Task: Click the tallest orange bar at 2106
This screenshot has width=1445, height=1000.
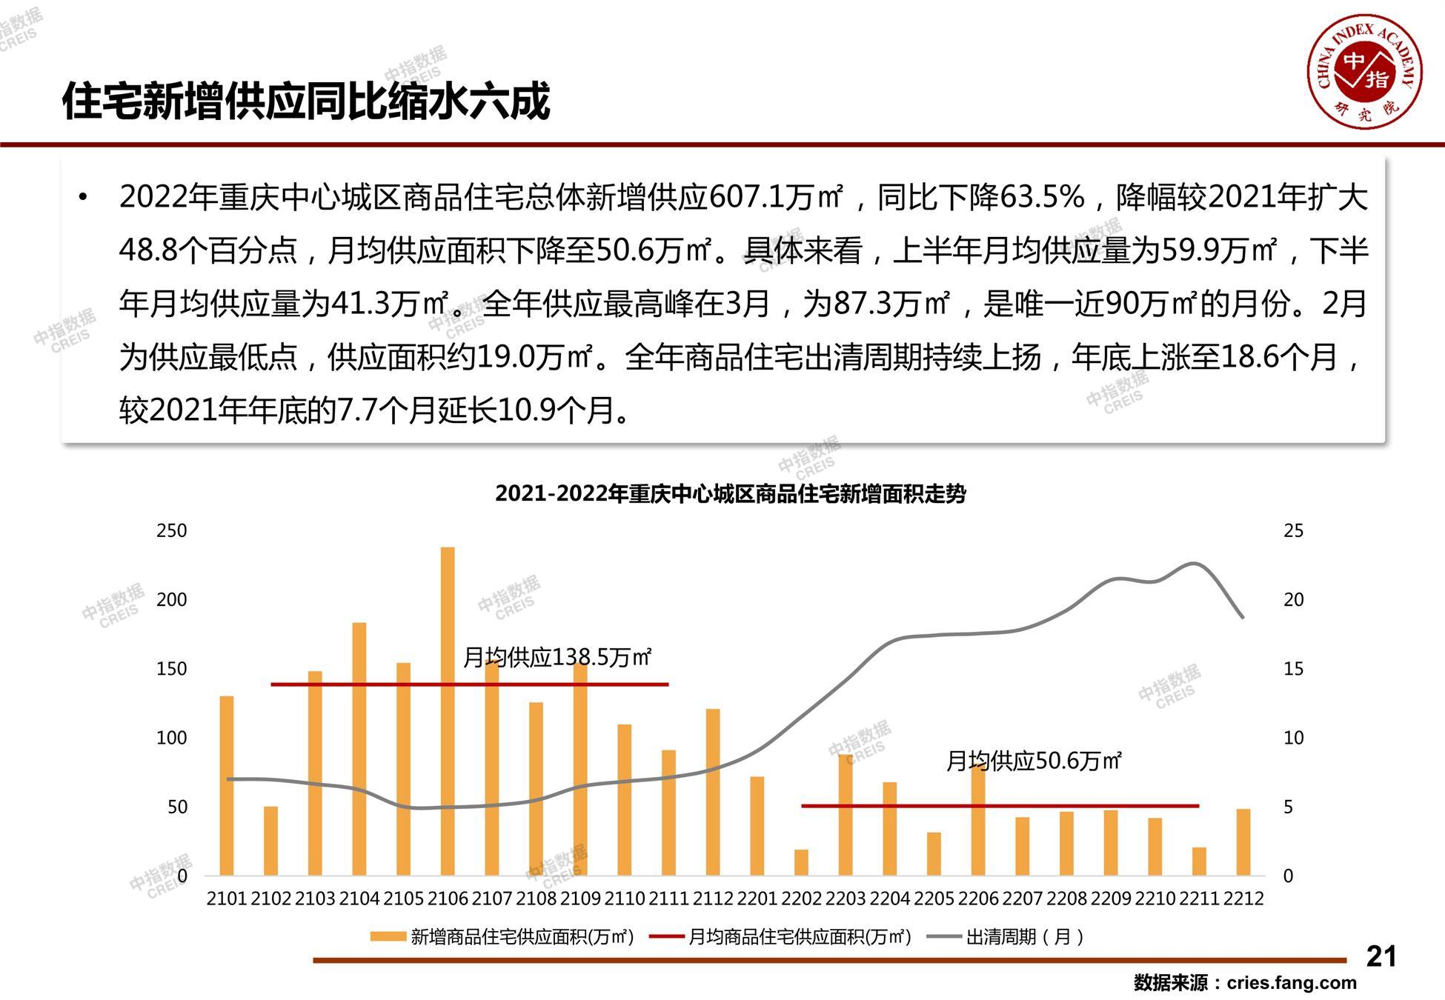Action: pyautogui.click(x=448, y=711)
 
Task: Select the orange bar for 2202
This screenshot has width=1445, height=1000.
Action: pyautogui.click(x=801, y=862)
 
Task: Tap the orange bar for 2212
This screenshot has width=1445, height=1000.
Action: pyautogui.click(x=1243, y=842)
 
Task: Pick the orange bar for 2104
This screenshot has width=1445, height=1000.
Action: pyautogui.click(x=359, y=749)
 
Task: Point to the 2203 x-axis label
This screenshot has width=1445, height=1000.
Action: pyautogui.click(x=846, y=899)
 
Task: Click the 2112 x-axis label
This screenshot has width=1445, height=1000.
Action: pyautogui.click(x=713, y=899)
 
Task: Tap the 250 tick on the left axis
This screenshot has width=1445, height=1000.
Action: pyautogui.click(x=171, y=531)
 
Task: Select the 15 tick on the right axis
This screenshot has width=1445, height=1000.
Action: pyautogui.click(x=1293, y=669)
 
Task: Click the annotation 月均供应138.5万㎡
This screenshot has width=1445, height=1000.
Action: pyautogui.click(x=557, y=657)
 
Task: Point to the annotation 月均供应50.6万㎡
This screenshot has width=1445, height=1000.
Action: pyautogui.click(x=1034, y=761)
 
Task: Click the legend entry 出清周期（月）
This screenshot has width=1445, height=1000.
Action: pyautogui.click(x=1025, y=937)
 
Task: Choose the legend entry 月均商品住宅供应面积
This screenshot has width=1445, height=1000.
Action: pyautogui.click(x=799, y=937)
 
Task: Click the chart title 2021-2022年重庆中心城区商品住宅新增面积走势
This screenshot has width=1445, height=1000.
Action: pyautogui.click(x=730, y=493)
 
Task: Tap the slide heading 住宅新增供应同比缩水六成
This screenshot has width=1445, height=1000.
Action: pyautogui.click(x=306, y=101)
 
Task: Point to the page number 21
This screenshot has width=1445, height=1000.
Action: pyautogui.click(x=1381, y=956)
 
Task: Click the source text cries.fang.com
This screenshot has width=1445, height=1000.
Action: pyautogui.click(x=1291, y=983)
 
